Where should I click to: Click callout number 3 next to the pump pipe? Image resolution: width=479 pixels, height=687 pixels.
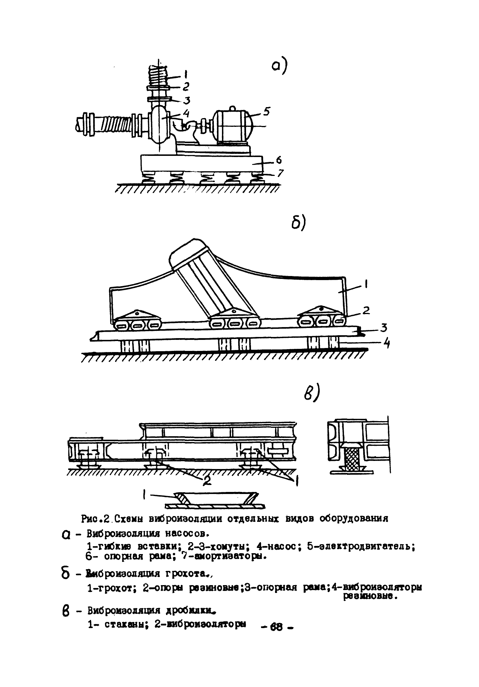[x=186, y=100]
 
